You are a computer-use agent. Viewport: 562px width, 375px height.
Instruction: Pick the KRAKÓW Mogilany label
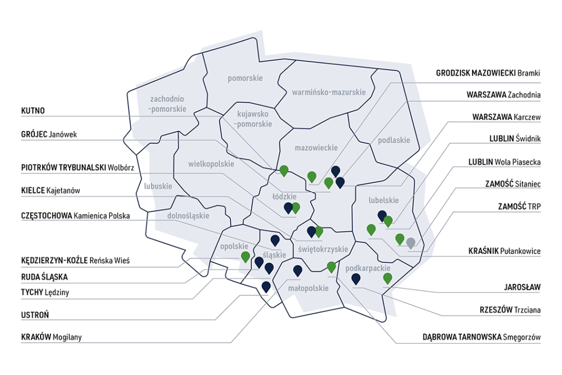pyautogui.click(x=51, y=337)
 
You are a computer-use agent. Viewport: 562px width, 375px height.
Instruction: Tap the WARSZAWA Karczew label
pyautogui.click(x=506, y=117)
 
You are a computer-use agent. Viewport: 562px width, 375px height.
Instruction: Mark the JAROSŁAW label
pyautogui.click(x=522, y=287)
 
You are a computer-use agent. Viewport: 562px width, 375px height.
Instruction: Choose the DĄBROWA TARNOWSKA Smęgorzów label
pyautogui.click(x=481, y=337)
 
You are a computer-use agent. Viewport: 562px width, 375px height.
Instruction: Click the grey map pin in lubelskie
pyautogui.click(x=411, y=243)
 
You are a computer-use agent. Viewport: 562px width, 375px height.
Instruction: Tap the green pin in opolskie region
pyautogui.click(x=245, y=256)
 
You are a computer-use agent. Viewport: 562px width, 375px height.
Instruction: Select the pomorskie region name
pyautogui.click(x=245, y=78)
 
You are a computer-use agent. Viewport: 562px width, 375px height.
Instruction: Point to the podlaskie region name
pyautogui.click(x=394, y=140)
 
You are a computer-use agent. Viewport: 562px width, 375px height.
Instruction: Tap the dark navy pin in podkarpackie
pyautogui.click(x=356, y=278)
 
